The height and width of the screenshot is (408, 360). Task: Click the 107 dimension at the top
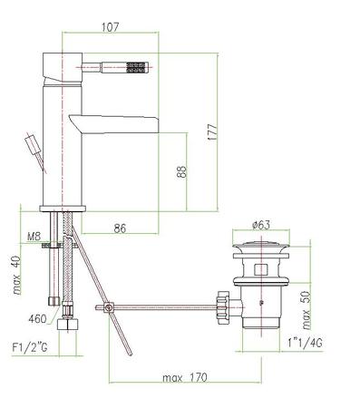click(109, 27)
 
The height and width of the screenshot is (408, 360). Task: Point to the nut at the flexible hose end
click(65, 323)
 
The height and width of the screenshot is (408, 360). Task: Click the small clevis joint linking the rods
click(109, 309)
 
